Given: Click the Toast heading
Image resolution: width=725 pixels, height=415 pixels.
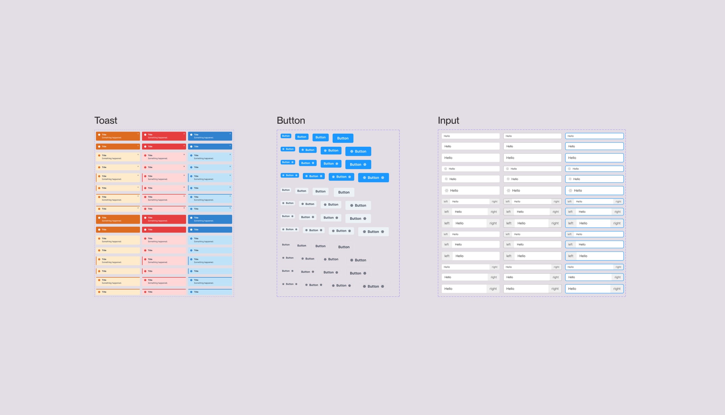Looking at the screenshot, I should [x=106, y=120].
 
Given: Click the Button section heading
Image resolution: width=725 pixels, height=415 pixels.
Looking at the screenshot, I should [x=291, y=120].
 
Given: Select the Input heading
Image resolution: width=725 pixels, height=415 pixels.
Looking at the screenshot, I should [x=448, y=120].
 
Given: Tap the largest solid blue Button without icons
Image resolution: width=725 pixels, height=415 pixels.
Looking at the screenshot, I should [x=343, y=138].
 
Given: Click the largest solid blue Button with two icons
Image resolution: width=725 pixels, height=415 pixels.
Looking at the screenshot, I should [x=373, y=178].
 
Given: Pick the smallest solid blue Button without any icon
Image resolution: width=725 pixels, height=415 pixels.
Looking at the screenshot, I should [x=286, y=136].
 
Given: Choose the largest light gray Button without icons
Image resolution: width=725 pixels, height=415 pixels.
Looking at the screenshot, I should [x=344, y=192].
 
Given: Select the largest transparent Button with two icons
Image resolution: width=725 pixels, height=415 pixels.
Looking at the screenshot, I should [x=373, y=286].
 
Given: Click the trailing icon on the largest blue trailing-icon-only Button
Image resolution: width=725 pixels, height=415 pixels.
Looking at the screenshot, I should [x=365, y=165].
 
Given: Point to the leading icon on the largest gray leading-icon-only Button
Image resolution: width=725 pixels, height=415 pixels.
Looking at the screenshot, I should [x=351, y=206].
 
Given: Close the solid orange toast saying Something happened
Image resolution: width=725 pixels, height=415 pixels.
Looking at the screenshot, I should [x=138, y=134].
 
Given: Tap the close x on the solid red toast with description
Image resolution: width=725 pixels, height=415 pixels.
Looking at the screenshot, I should [x=184, y=134].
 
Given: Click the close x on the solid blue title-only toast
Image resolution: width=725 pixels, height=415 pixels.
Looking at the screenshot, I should [x=230, y=146].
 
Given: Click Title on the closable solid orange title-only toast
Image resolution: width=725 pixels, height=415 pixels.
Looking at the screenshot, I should [x=104, y=146].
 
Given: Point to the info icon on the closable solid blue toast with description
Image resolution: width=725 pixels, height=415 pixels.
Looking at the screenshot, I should [x=191, y=135].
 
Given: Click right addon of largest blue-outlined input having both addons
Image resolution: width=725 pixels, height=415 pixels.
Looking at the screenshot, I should [x=617, y=223].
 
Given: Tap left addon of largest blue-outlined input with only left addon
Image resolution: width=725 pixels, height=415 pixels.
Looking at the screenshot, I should [x=571, y=256].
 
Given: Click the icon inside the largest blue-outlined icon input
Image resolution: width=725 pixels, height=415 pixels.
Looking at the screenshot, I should [x=570, y=191].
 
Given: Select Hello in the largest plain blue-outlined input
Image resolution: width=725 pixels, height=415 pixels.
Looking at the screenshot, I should [x=572, y=158].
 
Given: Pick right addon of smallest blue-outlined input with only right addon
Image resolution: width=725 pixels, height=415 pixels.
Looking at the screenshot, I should [x=618, y=267].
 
